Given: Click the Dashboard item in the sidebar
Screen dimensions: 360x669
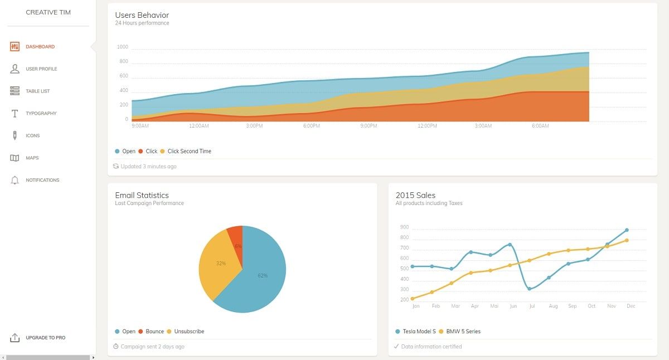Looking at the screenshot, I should (x=40, y=47).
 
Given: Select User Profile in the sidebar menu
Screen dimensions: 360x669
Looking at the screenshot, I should (x=41, y=69).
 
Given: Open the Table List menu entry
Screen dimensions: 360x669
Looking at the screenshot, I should (x=37, y=91).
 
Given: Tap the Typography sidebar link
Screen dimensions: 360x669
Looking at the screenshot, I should (x=41, y=114).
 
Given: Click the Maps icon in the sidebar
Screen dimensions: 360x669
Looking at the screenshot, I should (x=15, y=158).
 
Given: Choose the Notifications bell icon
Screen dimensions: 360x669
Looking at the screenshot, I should (x=15, y=181).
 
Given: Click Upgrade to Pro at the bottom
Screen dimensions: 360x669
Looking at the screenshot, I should (x=45, y=338).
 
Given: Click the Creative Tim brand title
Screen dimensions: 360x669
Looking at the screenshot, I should (x=48, y=12).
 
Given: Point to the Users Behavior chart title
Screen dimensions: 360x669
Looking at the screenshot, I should (x=142, y=15).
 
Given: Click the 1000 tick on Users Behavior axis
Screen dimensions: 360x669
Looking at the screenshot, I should (x=122, y=47).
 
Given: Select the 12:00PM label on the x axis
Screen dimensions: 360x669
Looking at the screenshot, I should (x=427, y=126).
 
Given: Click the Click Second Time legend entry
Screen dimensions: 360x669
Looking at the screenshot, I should (x=189, y=152).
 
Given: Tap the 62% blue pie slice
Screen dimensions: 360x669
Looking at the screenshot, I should (x=262, y=275).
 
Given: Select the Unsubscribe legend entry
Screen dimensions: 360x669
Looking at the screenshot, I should (x=188, y=332).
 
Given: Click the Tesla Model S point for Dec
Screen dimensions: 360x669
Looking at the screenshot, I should (x=627, y=230).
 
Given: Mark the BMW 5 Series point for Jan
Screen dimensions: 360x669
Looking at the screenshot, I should (x=413, y=299).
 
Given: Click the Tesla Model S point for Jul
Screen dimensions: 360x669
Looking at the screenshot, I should (x=529, y=289).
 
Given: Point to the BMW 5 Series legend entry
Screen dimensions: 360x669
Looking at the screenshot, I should (x=463, y=332).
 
